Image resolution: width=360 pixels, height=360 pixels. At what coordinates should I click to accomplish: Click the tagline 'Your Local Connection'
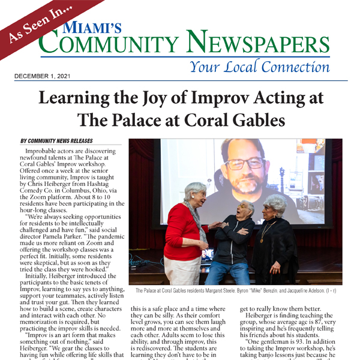[259, 65]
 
